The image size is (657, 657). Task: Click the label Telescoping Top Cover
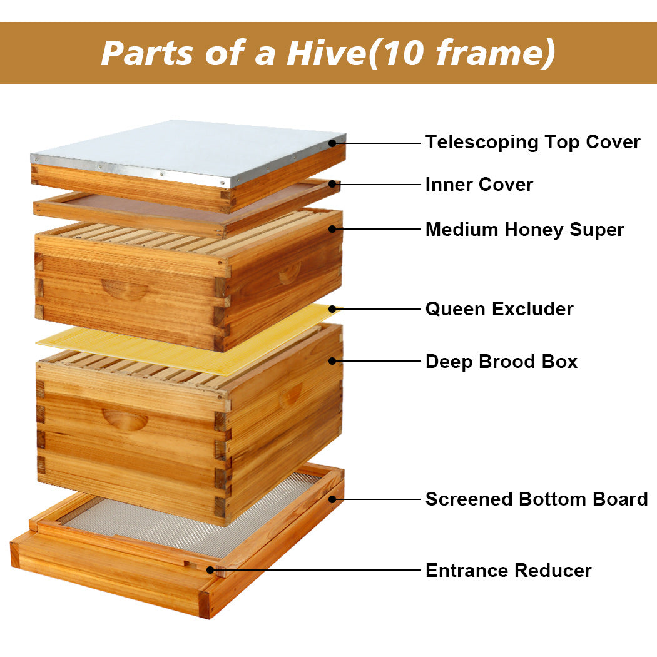532,142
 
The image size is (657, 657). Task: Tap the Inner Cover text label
479,185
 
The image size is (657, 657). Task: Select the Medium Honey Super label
524,230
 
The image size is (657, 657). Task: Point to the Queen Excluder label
499,309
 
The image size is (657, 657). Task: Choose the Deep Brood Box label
501,362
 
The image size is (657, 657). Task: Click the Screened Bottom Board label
536,499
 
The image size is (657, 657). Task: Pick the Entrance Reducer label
508,571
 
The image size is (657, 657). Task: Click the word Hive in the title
325,53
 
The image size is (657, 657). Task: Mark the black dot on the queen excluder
333,309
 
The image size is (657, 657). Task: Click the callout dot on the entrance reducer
211,570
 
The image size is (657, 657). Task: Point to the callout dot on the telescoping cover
333,143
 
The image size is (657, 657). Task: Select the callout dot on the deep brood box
333,361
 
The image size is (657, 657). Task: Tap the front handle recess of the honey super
125,289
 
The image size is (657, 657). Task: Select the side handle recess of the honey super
290,272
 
